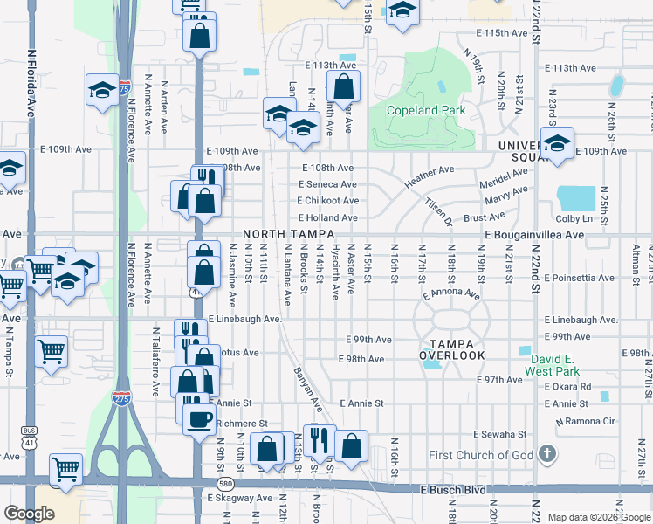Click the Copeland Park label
coord(427,111)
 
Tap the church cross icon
coord(546,453)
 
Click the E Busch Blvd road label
coord(453,490)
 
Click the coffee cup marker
coord(198,418)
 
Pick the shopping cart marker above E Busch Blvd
coord(65,470)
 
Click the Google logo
coord(30,514)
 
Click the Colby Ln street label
coord(573,218)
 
